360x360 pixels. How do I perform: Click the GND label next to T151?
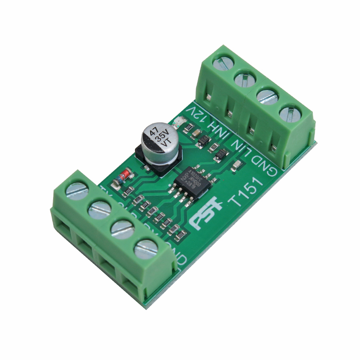coord(265,164)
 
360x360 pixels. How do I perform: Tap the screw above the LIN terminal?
coord(266,96)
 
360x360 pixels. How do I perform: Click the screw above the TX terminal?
coord(76,190)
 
